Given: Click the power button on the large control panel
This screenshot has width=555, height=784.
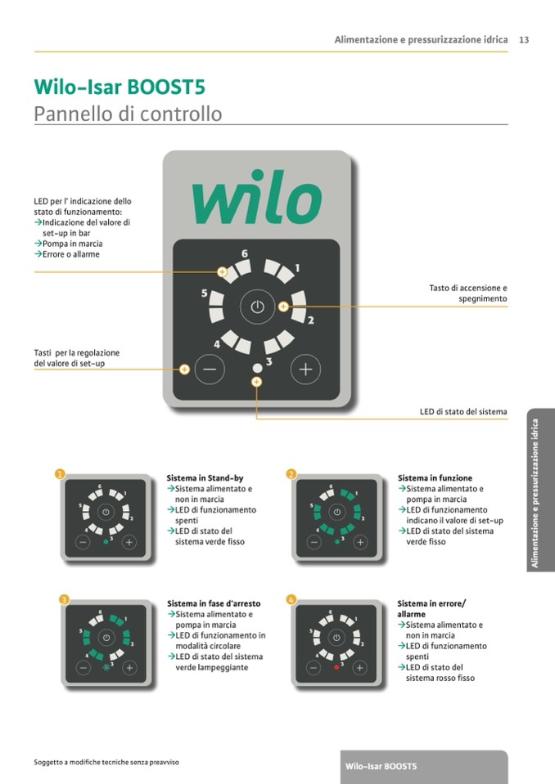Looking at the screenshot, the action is coord(257,307).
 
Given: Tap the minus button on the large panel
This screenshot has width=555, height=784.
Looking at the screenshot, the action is coord(210,369).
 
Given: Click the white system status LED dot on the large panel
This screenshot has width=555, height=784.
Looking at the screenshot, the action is coord(257,368).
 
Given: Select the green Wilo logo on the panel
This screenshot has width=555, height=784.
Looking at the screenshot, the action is coord(256,197).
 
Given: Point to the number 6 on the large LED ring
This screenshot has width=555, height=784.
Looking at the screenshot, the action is coord(244,253).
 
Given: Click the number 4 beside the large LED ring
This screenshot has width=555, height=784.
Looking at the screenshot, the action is coord(217,344).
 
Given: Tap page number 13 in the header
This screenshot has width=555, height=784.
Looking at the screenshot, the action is coord(524,40).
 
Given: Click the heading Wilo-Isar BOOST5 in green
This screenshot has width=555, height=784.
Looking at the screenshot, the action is coord(120,87).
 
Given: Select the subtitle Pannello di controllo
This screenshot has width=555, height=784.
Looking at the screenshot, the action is coord(128,114).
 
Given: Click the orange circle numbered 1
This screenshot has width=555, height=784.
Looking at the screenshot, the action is coord(60,474).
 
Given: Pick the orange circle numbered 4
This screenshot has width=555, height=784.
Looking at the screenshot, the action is coord(291,599).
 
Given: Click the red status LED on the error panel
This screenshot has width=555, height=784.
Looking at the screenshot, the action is coord(336,667).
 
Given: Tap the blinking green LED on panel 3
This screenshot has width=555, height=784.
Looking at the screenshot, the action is coord(106,667).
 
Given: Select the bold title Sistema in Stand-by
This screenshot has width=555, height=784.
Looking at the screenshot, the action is coord(205,478).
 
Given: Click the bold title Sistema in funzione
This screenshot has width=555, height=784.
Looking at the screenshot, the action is coord(435,478).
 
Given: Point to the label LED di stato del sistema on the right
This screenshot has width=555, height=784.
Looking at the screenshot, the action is coord(463,411).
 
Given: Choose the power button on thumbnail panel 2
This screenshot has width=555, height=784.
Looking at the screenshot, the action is coord(336,512).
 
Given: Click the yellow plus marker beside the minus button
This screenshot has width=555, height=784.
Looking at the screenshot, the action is coord(184,370).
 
